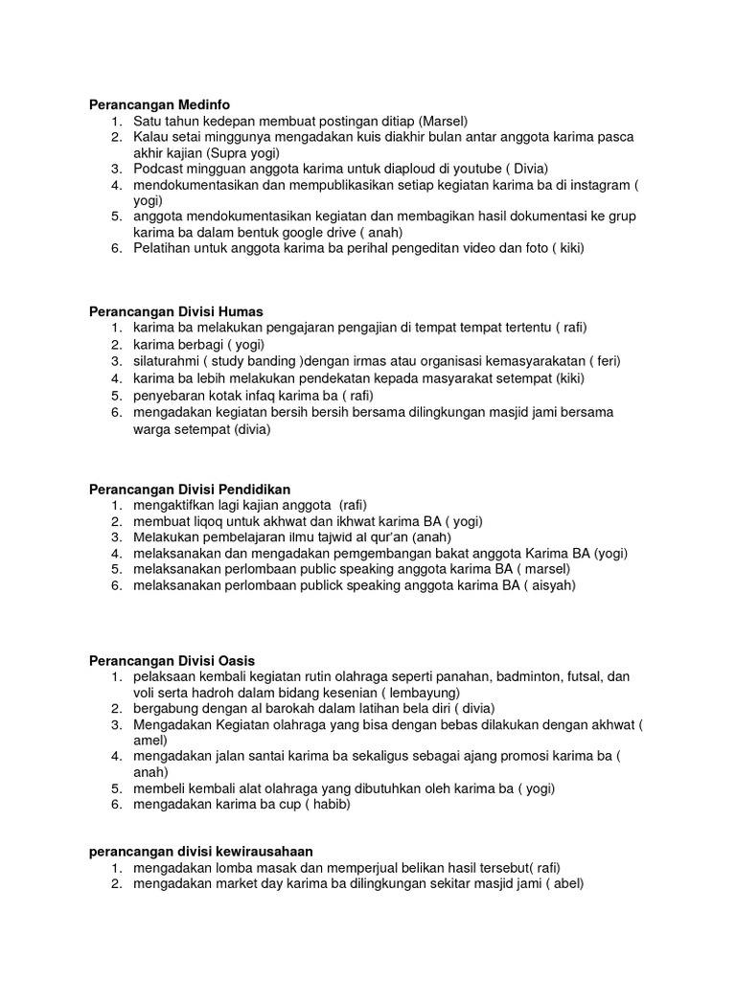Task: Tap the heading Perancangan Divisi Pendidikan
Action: coord(189,489)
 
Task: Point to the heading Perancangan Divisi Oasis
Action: coord(172,660)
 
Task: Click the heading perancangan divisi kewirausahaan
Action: coord(200,851)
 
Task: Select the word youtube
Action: coord(476,168)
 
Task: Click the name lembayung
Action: coord(420,692)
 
